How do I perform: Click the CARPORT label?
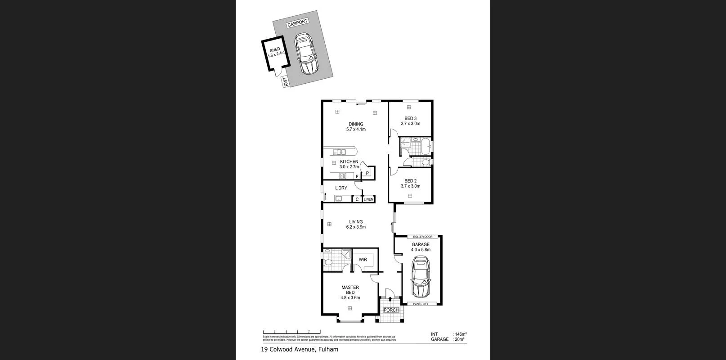(297, 23)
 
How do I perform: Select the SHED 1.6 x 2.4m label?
(275, 52)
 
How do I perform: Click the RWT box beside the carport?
(285, 82)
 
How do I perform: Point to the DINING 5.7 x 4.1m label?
(355, 127)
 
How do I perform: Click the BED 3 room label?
(410, 121)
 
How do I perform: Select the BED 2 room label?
(410, 184)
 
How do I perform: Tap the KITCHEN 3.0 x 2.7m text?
(349, 164)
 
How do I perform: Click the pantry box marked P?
(367, 173)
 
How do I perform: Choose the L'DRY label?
(341, 188)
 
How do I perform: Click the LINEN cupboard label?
(368, 199)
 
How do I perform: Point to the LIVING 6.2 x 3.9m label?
(355, 225)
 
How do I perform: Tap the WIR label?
(363, 260)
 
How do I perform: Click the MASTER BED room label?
(350, 292)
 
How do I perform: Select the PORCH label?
(391, 310)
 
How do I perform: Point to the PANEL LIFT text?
(421, 304)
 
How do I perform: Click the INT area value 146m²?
(460, 334)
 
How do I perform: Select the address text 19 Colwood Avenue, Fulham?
(300, 349)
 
